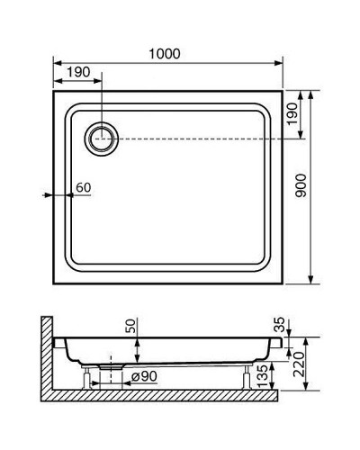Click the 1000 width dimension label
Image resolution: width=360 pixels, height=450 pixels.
165,54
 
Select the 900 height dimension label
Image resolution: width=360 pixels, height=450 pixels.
301,185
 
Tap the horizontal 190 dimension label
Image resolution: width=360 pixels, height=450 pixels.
78,72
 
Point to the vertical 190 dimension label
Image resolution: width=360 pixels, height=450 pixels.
291,113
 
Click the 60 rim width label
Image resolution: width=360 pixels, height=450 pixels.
83,187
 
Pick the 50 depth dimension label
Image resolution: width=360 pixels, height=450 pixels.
130,326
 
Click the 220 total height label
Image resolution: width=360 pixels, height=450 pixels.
299,364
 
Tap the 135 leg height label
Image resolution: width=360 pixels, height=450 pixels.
262,376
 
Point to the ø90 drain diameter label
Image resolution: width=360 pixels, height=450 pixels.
144,376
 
